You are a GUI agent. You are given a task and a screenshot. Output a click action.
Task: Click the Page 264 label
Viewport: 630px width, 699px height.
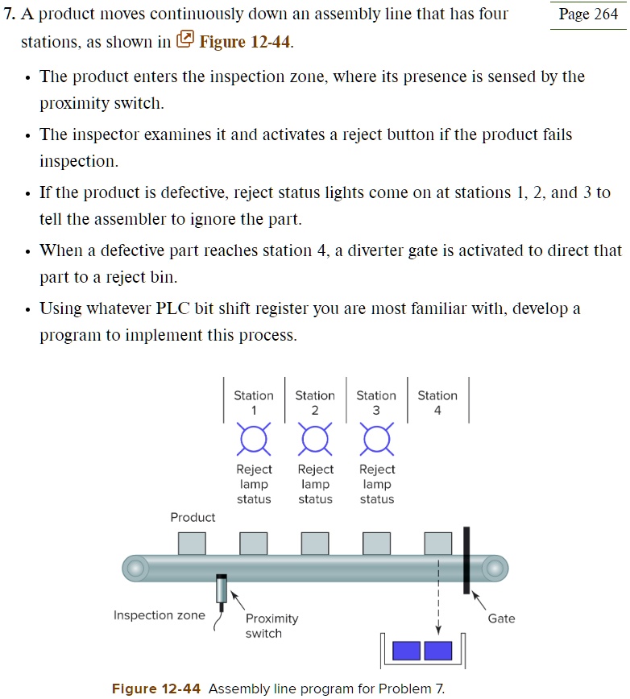click(x=589, y=14)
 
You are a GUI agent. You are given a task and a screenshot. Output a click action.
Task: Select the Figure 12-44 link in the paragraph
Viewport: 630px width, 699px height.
click(x=244, y=42)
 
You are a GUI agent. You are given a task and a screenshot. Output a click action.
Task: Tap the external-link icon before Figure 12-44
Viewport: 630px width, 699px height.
click(x=185, y=39)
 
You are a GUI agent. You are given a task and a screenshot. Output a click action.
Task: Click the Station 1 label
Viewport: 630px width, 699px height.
click(x=254, y=403)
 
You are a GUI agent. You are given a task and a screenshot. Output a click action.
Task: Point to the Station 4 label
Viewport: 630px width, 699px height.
click(x=437, y=403)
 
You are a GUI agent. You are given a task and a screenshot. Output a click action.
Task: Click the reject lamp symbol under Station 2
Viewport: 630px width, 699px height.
click(x=315, y=439)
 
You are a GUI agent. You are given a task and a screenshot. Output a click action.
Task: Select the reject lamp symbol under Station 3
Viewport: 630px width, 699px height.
click(x=376, y=439)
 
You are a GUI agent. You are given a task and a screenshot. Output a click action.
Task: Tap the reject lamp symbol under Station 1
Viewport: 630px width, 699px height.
click(x=254, y=439)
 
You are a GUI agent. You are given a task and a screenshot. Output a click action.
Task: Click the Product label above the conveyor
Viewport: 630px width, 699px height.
click(x=193, y=517)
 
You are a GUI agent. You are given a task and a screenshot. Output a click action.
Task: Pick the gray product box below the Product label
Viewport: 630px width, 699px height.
click(x=192, y=544)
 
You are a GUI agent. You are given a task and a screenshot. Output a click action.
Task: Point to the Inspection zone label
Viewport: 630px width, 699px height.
click(x=160, y=615)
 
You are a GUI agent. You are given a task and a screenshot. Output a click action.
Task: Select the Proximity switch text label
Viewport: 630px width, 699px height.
click(x=271, y=626)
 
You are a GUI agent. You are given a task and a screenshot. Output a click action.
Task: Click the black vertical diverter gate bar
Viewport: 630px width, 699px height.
click(x=466, y=560)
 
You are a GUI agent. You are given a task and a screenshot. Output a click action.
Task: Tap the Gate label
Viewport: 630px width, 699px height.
click(x=501, y=618)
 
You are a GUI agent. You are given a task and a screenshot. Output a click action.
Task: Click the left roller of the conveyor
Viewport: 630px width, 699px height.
click(x=135, y=568)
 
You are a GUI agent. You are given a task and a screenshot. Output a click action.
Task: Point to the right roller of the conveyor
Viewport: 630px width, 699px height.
click(x=495, y=568)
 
